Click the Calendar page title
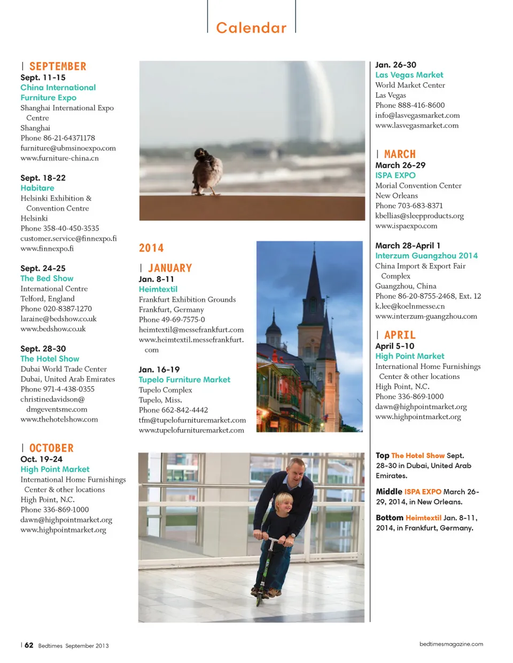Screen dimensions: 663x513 [251, 28]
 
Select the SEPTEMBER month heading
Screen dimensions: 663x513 [58, 67]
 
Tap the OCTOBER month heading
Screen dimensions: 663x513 [51, 448]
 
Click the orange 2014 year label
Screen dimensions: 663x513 [151, 248]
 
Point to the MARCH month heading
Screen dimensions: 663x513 [400, 154]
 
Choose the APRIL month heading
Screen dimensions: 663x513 [400, 335]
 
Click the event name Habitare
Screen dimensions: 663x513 [37, 188]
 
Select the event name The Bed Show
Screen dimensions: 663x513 [47, 279]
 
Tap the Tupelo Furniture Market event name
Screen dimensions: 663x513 [184, 380]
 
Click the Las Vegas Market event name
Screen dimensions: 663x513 [409, 75]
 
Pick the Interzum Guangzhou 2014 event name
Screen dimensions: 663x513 [426, 256]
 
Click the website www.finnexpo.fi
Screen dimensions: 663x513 [47, 249]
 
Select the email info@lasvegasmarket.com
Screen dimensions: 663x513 [417, 115]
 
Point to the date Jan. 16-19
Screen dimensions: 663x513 [159, 369]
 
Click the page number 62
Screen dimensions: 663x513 [29, 645]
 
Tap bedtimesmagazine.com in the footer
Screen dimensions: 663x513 [451, 644]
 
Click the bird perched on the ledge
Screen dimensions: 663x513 [207, 171]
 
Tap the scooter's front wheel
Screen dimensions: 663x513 [260, 597]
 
